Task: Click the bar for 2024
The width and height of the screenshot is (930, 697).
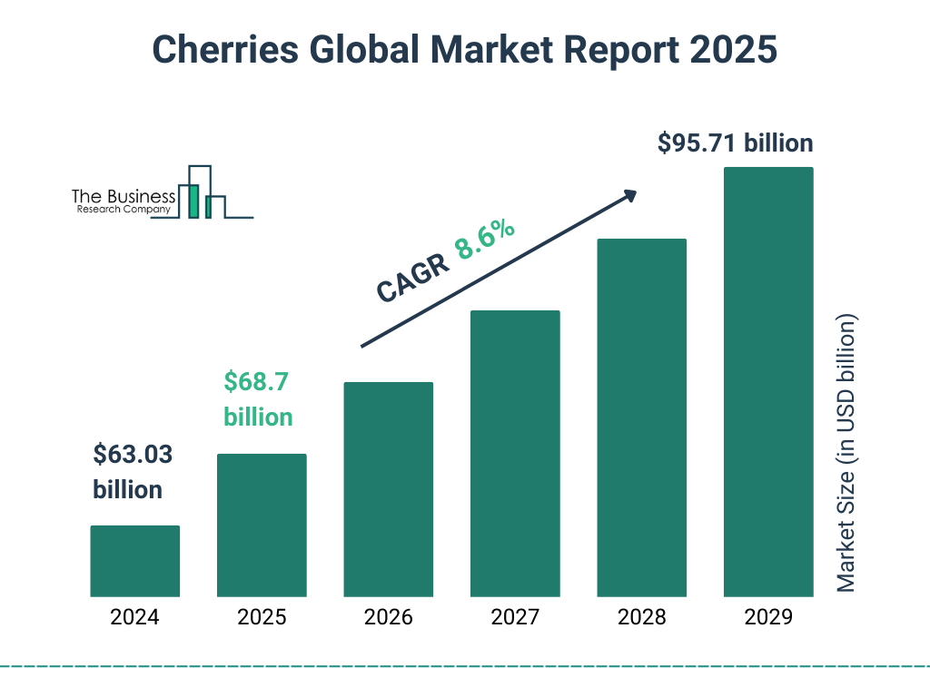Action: click(x=134, y=561)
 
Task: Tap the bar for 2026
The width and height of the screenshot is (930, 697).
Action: click(x=388, y=489)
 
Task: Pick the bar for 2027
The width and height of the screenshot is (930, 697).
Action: click(x=515, y=453)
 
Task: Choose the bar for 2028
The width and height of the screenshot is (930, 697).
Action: click(x=641, y=417)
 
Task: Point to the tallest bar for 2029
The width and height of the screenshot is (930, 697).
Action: click(x=768, y=381)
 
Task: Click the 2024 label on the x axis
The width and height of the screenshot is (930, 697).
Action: click(x=134, y=618)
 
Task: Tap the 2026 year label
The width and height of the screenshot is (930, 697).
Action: click(x=388, y=618)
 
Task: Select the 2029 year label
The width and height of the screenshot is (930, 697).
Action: click(x=768, y=618)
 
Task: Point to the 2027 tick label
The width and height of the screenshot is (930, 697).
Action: click(x=515, y=618)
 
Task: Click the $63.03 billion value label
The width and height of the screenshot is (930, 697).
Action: click(x=133, y=472)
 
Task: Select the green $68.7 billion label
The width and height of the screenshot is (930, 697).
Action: click(x=258, y=399)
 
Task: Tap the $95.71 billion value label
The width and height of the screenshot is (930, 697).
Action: click(x=735, y=143)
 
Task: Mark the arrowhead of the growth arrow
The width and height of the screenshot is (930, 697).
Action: click(x=629, y=195)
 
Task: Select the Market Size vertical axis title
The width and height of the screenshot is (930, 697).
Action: click(x=846, y=454)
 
